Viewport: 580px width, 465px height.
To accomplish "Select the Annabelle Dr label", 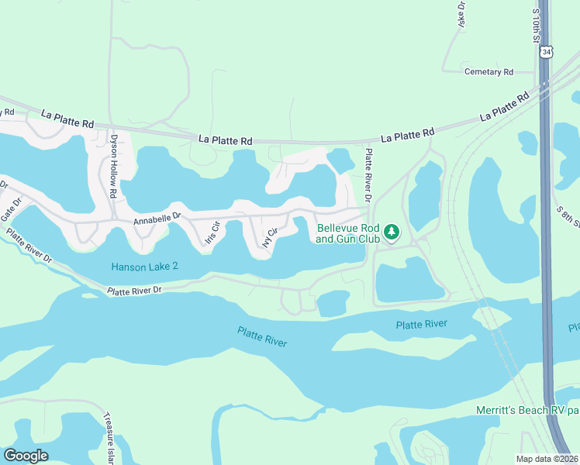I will tap(157, 220).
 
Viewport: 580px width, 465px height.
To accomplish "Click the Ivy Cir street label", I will tap(269, 238).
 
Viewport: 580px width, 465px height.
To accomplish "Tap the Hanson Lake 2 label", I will tap(144, 266).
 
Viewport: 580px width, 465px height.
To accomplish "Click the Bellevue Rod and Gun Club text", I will tap(348, 233).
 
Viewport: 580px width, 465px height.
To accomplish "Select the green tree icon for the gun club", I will tap(392, 232).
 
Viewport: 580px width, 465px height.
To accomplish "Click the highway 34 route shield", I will tap(547, 52).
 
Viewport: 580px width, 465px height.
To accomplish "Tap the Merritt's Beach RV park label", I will tap(526, 409).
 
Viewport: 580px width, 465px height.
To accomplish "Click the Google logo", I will tap(26, 456).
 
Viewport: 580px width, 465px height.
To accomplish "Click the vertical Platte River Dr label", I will tap(368, 176).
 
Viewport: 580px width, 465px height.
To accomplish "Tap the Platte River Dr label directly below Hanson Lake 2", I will tap(135, 291).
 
